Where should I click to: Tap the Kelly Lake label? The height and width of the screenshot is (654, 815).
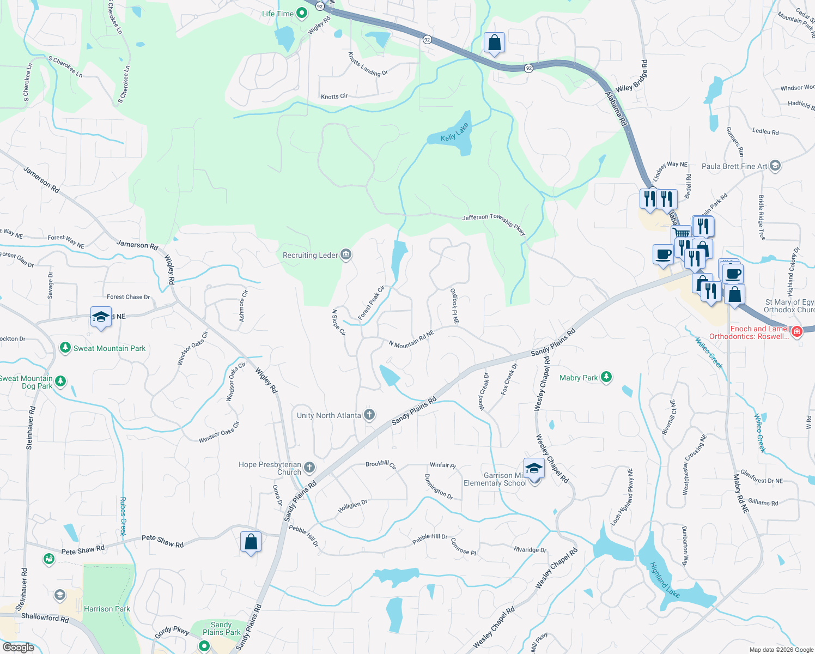coord(454,132)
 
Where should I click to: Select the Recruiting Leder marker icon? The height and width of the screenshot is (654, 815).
coord(345,255)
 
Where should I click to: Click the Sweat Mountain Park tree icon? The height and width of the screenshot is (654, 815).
coord(65,348)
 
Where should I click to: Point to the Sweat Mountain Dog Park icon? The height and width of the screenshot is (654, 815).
coord(60,381)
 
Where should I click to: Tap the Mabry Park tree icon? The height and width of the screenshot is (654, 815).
coord(606,377)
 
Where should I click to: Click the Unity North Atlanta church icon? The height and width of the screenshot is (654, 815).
coord(369,415)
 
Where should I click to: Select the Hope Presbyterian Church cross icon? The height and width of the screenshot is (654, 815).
coord(309,468)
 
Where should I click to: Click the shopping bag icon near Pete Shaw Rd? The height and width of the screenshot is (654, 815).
coord(251,542)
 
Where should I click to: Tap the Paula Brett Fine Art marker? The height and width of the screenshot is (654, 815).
coord(776,166)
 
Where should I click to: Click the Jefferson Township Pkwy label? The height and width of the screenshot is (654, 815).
coord(494,222)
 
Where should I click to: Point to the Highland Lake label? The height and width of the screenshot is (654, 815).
coord(665,580)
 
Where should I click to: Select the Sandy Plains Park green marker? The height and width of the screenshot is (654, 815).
coord(204,646)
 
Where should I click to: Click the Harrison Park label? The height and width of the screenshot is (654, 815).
coord(107,609)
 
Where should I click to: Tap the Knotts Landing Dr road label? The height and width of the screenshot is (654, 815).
coord(368,64)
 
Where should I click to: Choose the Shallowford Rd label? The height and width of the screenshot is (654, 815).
coord(45,617)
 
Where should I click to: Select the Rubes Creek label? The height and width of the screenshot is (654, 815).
coord(123,516)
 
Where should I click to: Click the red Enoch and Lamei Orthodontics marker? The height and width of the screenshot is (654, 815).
coord(796,331)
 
